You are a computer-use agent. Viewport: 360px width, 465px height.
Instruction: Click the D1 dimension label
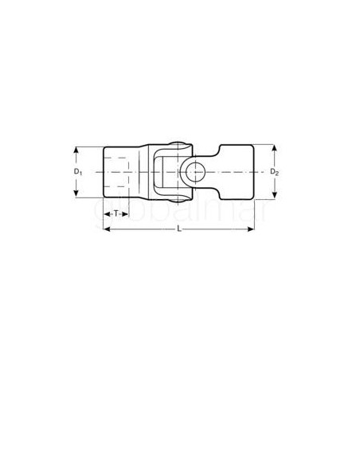click(x=77, y=171)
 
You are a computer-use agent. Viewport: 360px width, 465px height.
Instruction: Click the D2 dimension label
click(x=273, y=171)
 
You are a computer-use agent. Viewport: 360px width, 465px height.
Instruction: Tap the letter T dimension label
click(x=116, y=213)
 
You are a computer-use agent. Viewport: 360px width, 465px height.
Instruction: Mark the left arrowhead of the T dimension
click(x=105, y=213)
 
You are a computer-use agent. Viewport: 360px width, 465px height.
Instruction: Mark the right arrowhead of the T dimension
click(x=129, y=213)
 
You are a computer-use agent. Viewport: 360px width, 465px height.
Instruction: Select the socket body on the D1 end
click(x=121, y=171)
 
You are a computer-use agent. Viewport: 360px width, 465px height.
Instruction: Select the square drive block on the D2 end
click(x=235, y=171)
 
